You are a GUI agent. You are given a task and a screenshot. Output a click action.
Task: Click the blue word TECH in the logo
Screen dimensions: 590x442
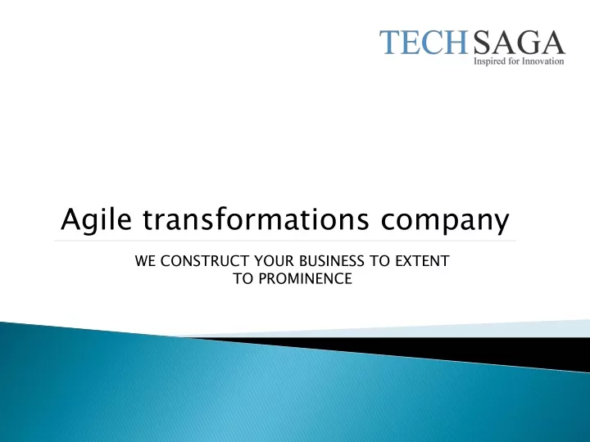click(x=424, y=42)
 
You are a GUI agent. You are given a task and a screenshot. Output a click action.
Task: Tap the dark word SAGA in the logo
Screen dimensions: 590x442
click(x=519, y=42)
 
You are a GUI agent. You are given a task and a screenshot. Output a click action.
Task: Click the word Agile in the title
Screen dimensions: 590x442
click(x=97, y=219)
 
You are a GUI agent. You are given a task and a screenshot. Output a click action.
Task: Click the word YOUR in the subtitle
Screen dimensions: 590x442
click(x=273, y=261)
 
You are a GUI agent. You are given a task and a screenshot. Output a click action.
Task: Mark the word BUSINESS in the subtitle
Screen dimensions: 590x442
click(x=332, y=261)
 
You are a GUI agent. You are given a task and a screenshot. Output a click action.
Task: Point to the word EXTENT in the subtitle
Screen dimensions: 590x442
click(x=422, y=261)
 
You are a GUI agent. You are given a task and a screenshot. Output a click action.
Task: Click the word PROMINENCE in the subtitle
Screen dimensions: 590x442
click(x=306, y=278)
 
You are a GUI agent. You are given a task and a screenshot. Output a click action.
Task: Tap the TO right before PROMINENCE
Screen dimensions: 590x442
click(x=243, y=278)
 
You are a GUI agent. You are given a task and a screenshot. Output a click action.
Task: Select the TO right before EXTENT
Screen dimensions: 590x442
click(x=379, y=261)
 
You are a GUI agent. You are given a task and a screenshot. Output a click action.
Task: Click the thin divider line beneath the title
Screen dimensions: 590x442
click(x=285, y=241)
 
